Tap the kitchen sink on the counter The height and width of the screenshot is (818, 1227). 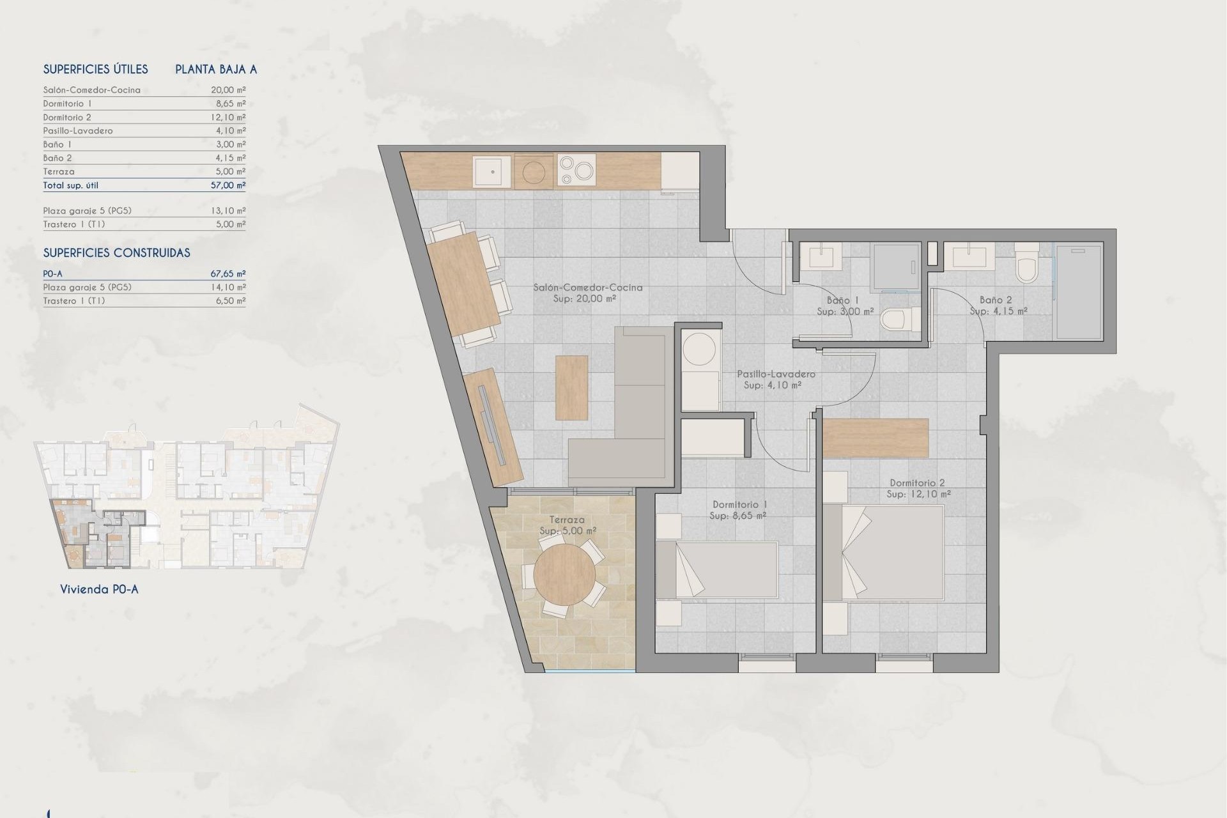[492, 171]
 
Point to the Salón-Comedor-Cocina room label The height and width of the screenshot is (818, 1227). [588, 288]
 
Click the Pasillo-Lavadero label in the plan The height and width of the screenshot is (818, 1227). [776, 374]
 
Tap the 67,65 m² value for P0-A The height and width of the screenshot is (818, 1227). [228, 274]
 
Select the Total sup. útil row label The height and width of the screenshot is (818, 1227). [71, 185]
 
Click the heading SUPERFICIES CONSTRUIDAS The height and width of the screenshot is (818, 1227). [116, 253]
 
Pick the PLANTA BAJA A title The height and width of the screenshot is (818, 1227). [216, 70]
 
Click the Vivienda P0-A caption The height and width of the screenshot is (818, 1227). [99, 589]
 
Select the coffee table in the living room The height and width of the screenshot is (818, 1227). [571, 388]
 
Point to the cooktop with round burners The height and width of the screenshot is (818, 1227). [576, 171]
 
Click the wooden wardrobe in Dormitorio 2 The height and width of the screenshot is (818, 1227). [875, 438]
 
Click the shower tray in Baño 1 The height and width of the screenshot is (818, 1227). [895, 267]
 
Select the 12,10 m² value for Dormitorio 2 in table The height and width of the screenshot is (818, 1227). [228, 117]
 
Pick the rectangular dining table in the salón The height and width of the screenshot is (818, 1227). [463, 284]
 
